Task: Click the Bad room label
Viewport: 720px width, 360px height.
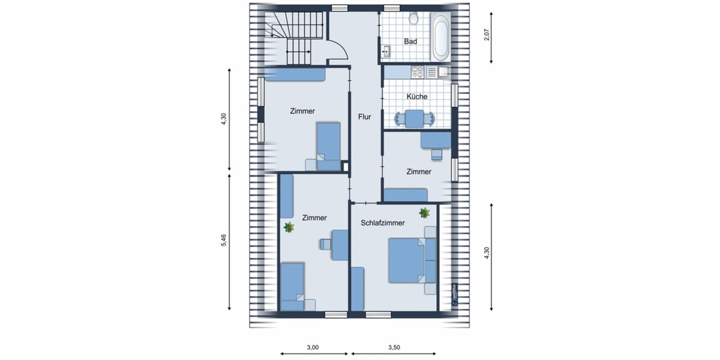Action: [410, 41]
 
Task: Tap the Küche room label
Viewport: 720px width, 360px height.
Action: [416, 97]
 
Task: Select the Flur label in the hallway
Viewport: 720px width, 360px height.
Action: [365, 117]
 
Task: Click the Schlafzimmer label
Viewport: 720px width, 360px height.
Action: [382, 223]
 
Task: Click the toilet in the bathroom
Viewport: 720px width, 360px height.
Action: [413, 19]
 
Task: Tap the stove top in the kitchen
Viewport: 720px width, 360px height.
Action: [417, 73]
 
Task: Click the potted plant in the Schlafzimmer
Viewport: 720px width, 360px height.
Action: [424, 212]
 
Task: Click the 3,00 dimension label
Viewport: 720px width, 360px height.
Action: [313, 347]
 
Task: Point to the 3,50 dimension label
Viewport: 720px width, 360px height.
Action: [394, 347]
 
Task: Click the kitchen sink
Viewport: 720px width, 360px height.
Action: [443, 73]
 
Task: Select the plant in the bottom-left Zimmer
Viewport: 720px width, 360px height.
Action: [289, 227]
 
